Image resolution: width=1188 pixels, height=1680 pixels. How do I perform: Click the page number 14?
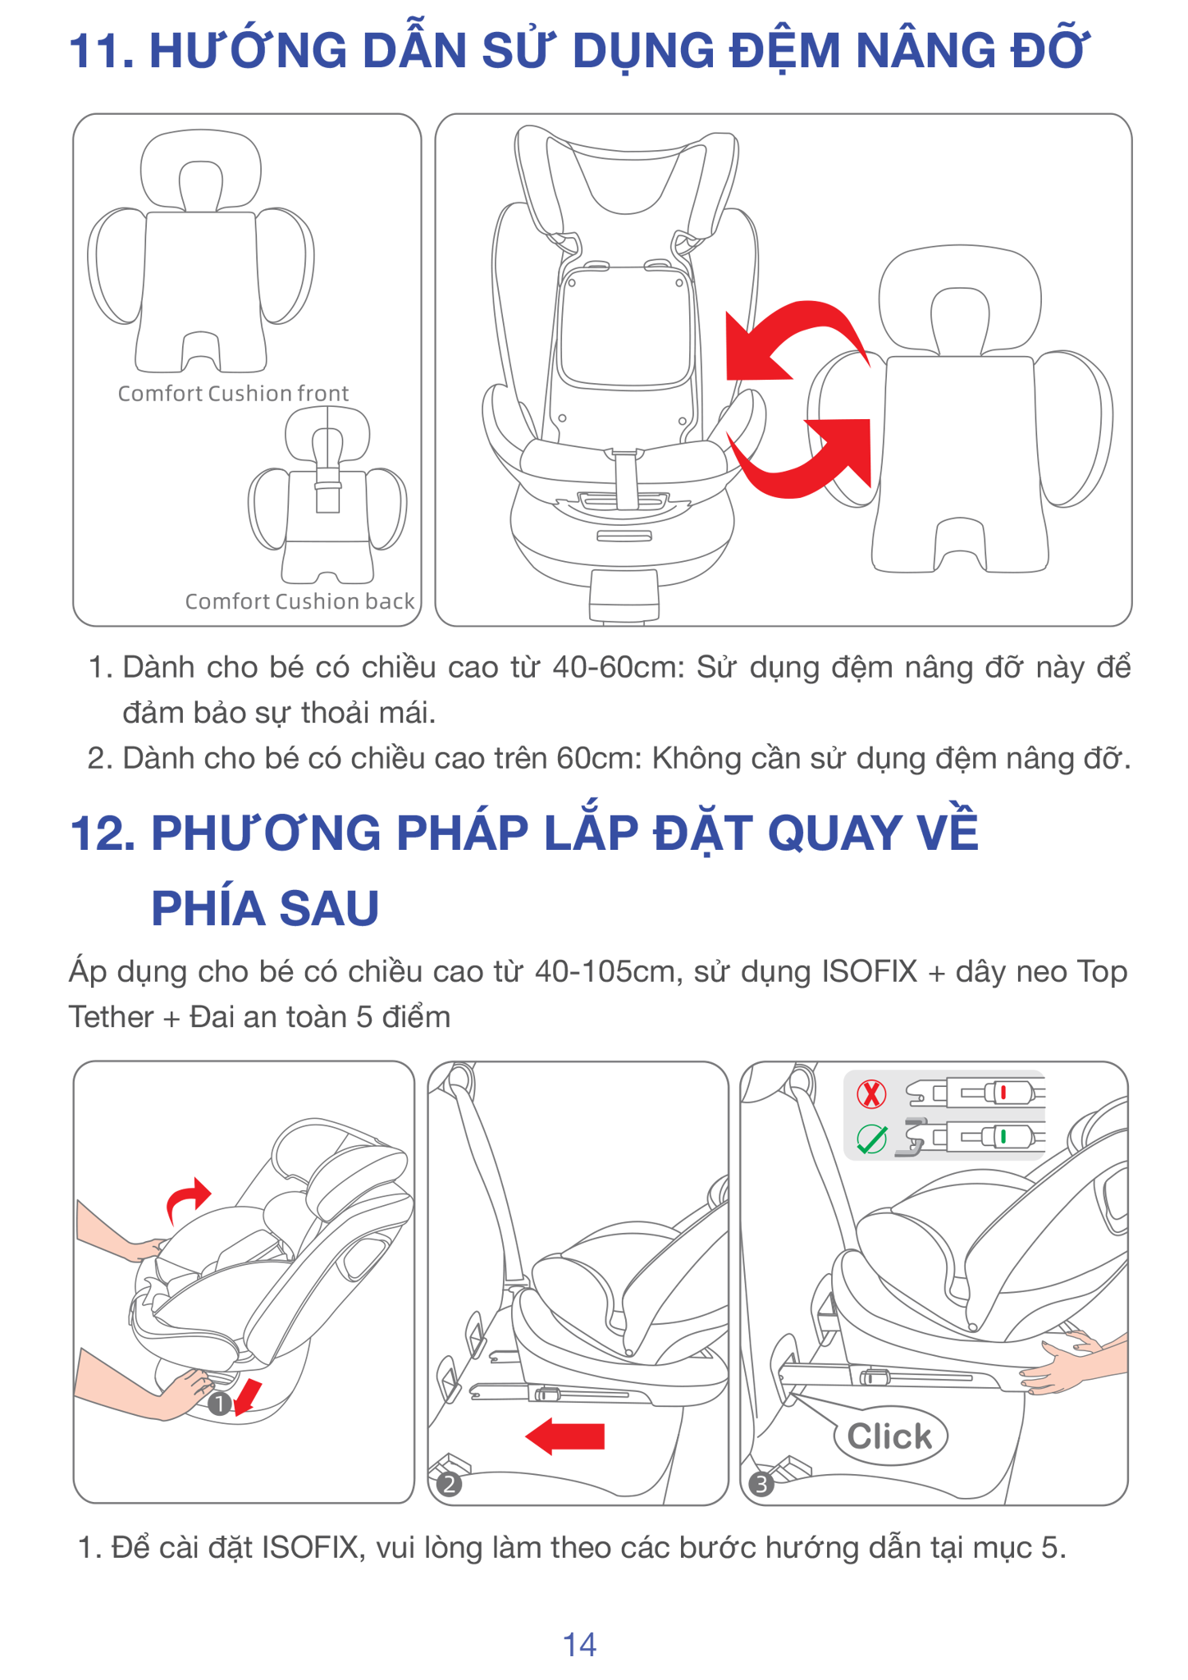pyautogui.click(x=579, y=1644)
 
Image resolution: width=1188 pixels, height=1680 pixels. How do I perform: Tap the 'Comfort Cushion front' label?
pyautogui.click(x=233, y=394)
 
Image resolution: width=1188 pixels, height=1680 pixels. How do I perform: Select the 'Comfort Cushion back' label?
pyautogui.click(x=299, y=601)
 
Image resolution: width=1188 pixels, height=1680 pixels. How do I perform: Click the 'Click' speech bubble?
pyautogui.click(x=890, y=1436)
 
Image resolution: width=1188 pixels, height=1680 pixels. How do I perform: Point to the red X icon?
pyautogui.click(x=871, y=1093)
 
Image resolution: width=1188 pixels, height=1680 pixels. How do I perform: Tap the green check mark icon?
pyautogui.click(x=871, y=1138)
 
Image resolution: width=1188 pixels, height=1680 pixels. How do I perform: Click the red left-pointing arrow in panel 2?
pyautogui.click(x=564, y=1436)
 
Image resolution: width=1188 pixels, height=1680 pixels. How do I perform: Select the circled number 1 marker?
pyautogui.click(x=219, y=1404)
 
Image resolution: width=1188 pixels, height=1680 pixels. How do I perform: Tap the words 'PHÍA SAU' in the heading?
pyautogui.click(x=265, y=909)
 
